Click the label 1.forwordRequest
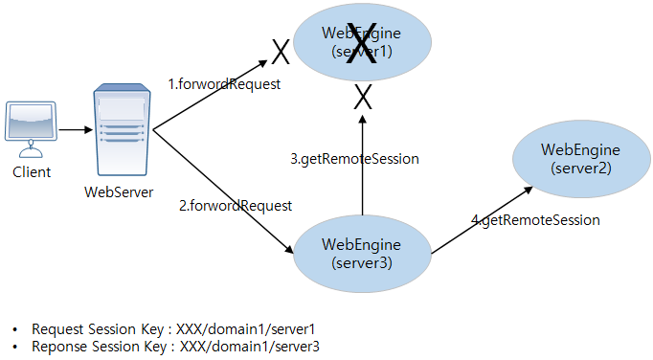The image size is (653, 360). [224, 84]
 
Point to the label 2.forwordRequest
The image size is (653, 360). [236, 205]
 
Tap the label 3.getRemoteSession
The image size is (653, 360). [354, 158]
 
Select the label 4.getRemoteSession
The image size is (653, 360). [535, 220]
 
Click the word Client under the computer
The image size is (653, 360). [32, 173]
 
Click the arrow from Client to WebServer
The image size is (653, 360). [73, 129]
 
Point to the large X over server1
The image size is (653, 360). [362, 44]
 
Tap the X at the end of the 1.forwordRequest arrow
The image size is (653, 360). [280, 49]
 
